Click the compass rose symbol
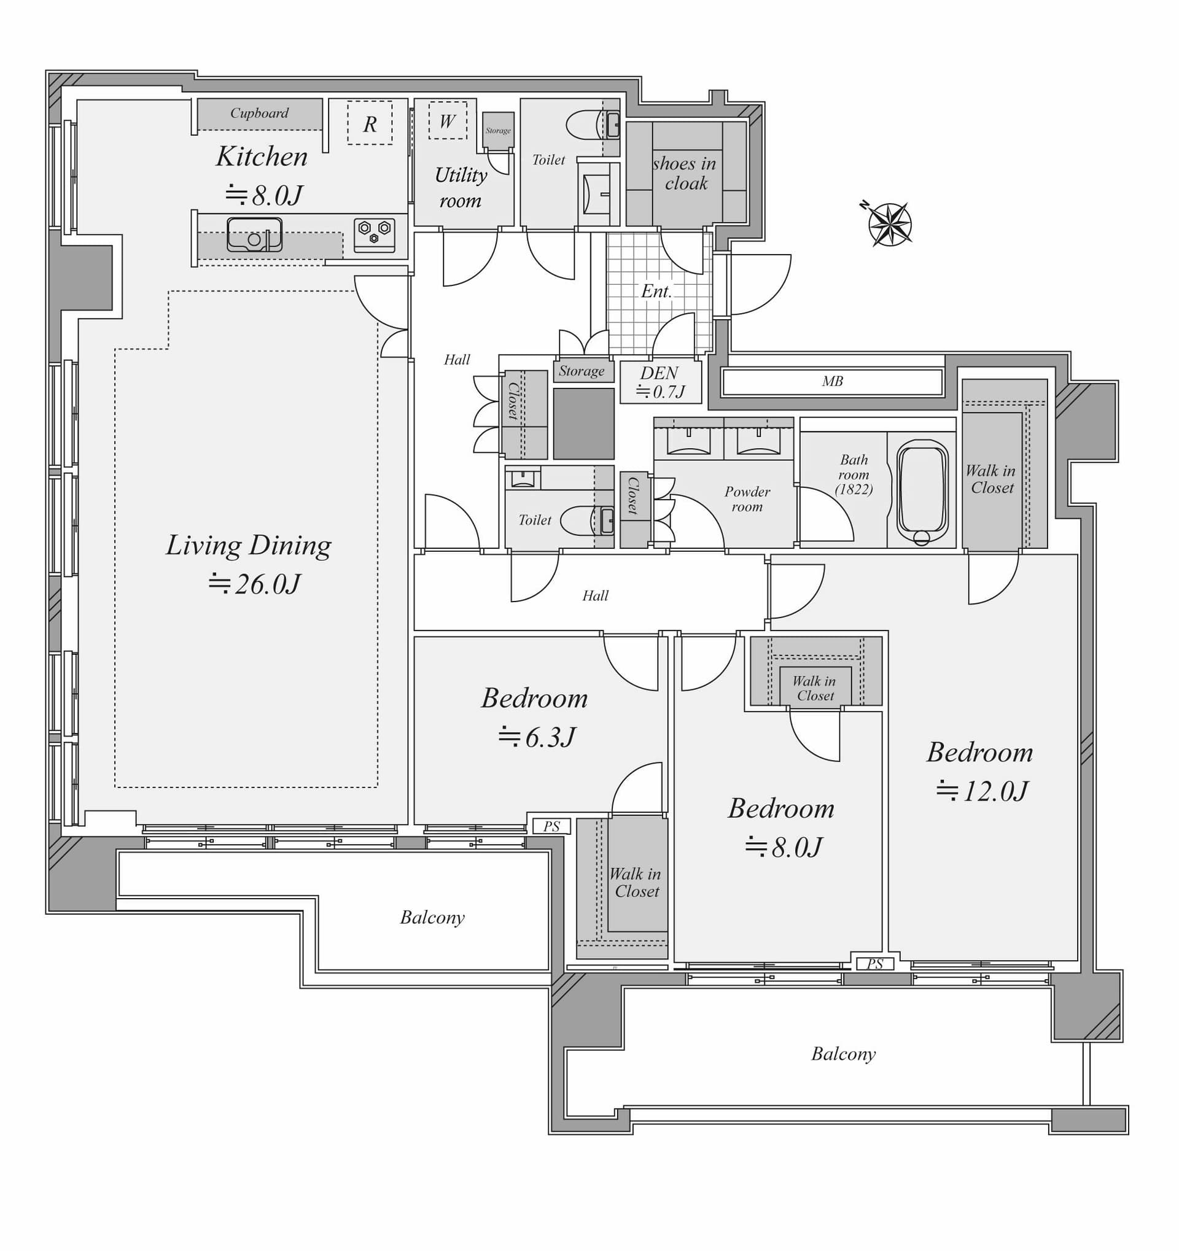click(x=889, y=224)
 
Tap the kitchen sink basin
click(x=254, y=234)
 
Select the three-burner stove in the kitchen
click(x=374, y=234)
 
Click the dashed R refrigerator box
click(x=370, y=123)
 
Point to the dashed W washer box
click(x=448, y=120)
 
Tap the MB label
click(x=831, y=381)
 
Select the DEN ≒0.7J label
click(x=660, y=382)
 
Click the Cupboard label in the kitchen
click(x=259, y=114)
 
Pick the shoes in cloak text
click(x=685, y=173)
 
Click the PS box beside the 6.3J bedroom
click(x=551, y=826)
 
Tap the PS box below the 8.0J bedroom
click(x=874, y=964)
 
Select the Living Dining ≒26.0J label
click(x=249, y=564)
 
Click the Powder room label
click(x=747, y=498)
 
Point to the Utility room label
click(x=461, y=187)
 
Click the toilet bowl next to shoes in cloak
click(x=584, y=125)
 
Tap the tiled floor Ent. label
click(x=656, y=291)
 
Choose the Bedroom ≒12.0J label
click(x=979, y=771)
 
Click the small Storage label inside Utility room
click(x=498, y=131)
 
